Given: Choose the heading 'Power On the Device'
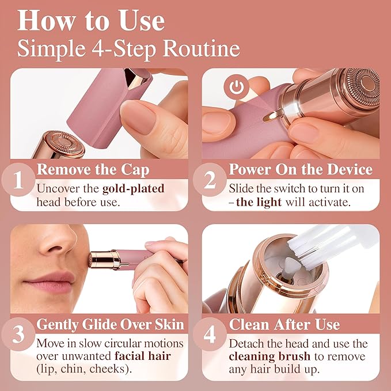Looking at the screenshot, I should pos(300,170).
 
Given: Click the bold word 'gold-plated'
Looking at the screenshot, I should pos(132,188).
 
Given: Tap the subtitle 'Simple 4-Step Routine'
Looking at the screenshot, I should pos(128,48).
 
